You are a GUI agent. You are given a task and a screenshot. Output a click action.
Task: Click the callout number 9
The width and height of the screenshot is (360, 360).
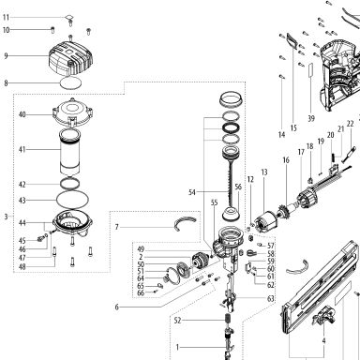point(6,56)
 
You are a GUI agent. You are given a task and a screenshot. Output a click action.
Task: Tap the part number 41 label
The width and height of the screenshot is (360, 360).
point(22,149)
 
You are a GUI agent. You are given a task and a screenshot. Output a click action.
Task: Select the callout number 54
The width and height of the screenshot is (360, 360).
point(192,192)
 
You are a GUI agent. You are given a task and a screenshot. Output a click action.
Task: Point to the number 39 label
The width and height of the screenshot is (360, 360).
point(311,118)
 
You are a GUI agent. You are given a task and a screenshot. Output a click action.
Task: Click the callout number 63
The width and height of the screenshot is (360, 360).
point(271,298)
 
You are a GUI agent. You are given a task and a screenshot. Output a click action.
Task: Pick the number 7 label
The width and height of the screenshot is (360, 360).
point(117,227)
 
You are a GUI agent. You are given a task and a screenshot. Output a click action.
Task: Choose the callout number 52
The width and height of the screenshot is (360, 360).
point(177,321)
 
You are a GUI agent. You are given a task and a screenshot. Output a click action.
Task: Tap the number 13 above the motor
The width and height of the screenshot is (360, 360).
point(264,172)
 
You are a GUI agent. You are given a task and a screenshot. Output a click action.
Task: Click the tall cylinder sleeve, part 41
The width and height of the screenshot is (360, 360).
point(69,152)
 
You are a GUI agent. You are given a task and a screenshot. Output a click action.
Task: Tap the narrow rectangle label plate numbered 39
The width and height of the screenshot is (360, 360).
point(310,71)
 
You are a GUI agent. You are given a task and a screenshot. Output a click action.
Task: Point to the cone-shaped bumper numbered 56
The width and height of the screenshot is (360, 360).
point(231,213)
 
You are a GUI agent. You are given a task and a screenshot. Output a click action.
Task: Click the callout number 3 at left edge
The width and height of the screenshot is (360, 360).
point(6,217)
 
